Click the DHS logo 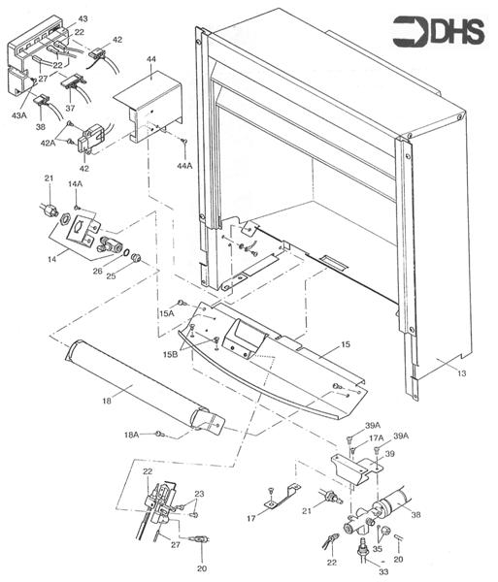[x=444, y=33]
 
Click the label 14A [x=76, y=183]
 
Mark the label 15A [x=166, y=313]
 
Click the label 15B [x=170, y=356]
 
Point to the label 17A [x=377, y=438]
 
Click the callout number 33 [x=370, y=571]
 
